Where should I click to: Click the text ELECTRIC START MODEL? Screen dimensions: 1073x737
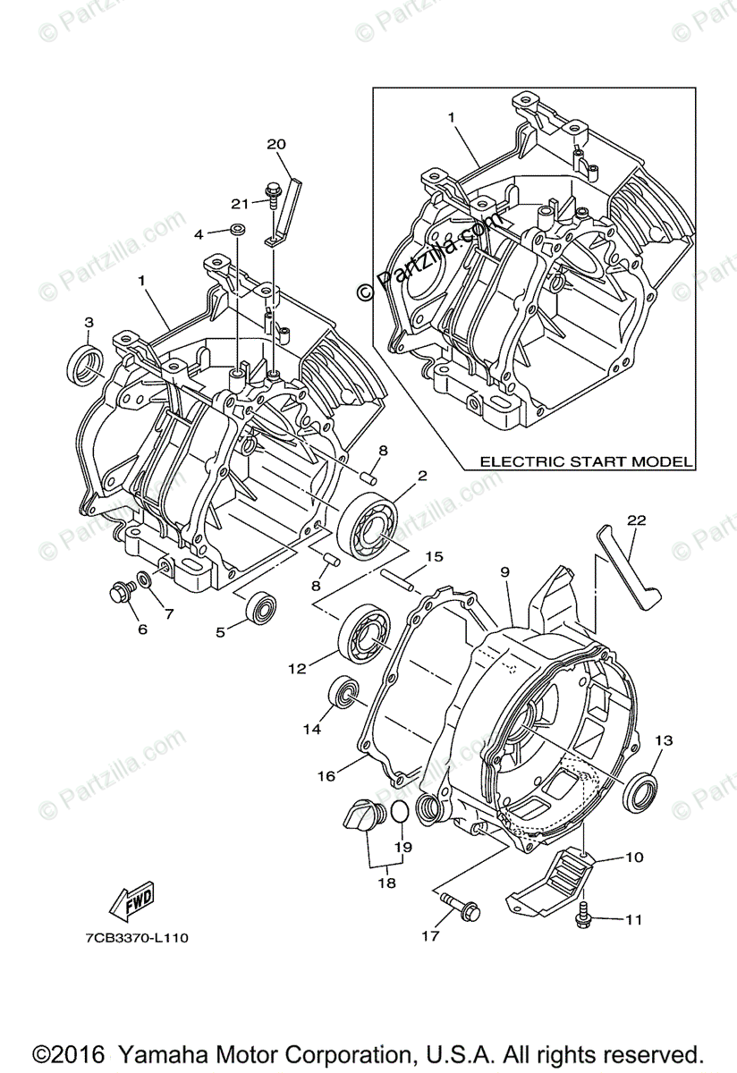586,461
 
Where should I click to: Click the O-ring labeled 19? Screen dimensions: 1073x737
401,814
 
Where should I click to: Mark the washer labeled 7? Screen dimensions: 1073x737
145,579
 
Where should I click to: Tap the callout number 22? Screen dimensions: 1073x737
636,520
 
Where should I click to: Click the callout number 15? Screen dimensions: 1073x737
433,557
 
